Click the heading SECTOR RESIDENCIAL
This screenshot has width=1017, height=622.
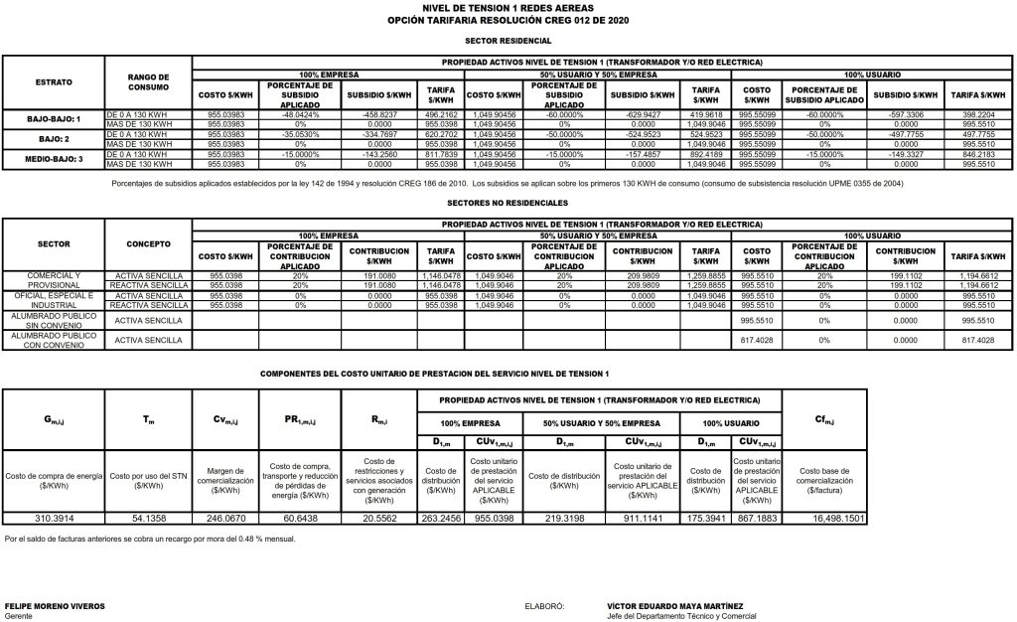(x=508, y=42)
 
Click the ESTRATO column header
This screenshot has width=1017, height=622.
(x=53, y=81)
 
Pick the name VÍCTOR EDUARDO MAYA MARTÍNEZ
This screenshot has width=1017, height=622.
(x=675, y=605)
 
